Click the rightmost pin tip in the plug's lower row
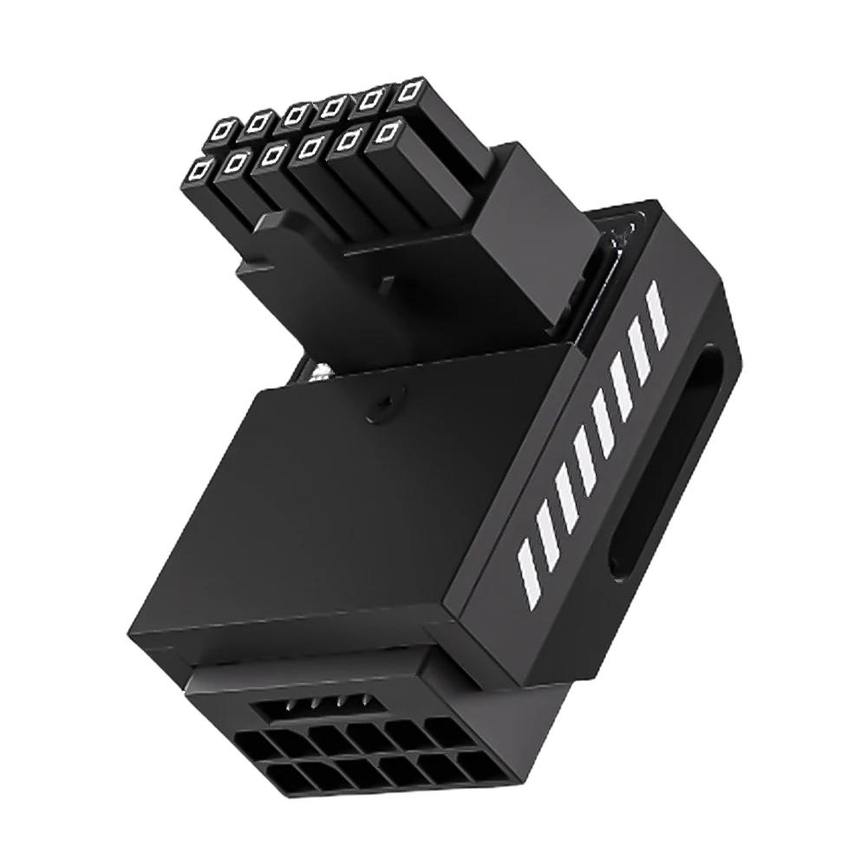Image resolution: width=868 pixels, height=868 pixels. coord(389,133)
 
